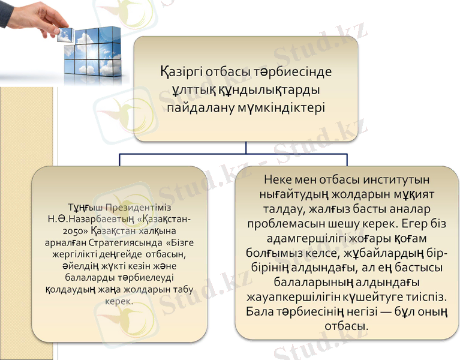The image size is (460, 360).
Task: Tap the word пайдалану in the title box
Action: tap(202, 109)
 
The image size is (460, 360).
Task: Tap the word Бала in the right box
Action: tap(260, 311)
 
